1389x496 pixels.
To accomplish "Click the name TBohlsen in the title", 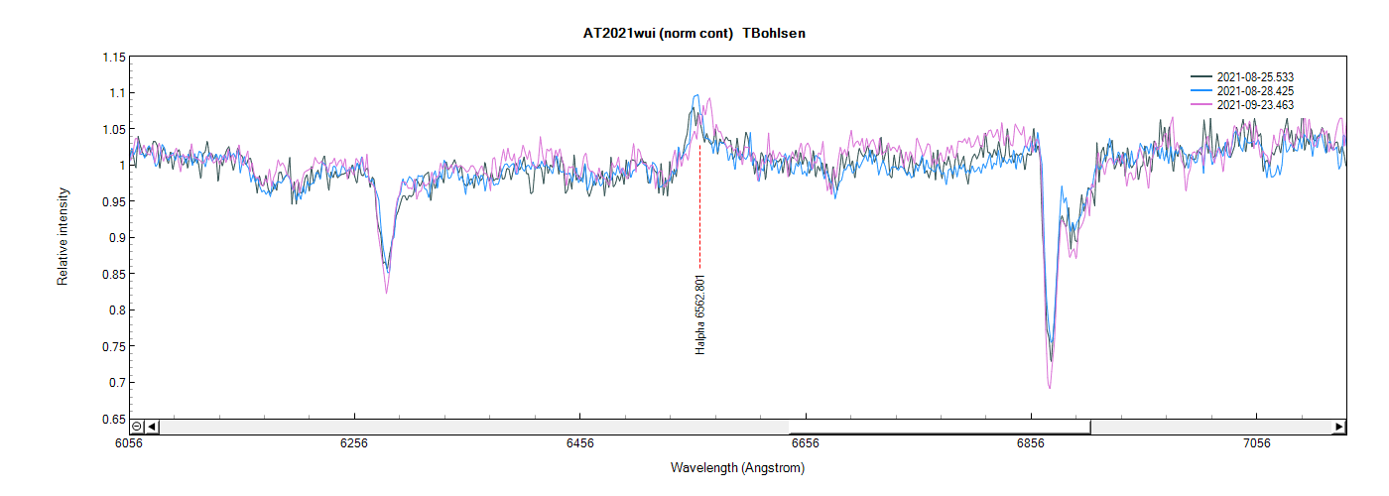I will coord(774,34).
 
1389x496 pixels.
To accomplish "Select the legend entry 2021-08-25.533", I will coord(1254,76).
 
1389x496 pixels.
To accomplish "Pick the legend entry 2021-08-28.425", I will coord(1254,90).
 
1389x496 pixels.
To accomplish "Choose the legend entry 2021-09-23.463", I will coord(1254,104).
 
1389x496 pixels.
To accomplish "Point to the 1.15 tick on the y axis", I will coord(113,58).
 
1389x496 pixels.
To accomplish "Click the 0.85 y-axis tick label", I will coord(113,275).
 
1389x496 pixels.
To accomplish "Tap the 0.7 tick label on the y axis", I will coord(116,383).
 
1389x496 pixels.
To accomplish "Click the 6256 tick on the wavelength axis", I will coord(354,443).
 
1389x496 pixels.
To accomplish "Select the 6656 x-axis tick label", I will coord(806,443).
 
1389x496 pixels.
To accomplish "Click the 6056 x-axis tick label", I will coord(129,443).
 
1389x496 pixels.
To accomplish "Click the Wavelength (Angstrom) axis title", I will coord(737,468).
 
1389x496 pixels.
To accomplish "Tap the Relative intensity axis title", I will coord(63,236).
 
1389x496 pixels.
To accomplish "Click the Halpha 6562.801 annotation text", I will coord(700,314).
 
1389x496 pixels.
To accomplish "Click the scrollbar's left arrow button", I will coord(152,427).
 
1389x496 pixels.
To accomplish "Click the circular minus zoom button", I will coord(137,427).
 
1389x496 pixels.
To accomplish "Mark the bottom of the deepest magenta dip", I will coord(1049,388).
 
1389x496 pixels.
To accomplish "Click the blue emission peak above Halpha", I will coord(696,96).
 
